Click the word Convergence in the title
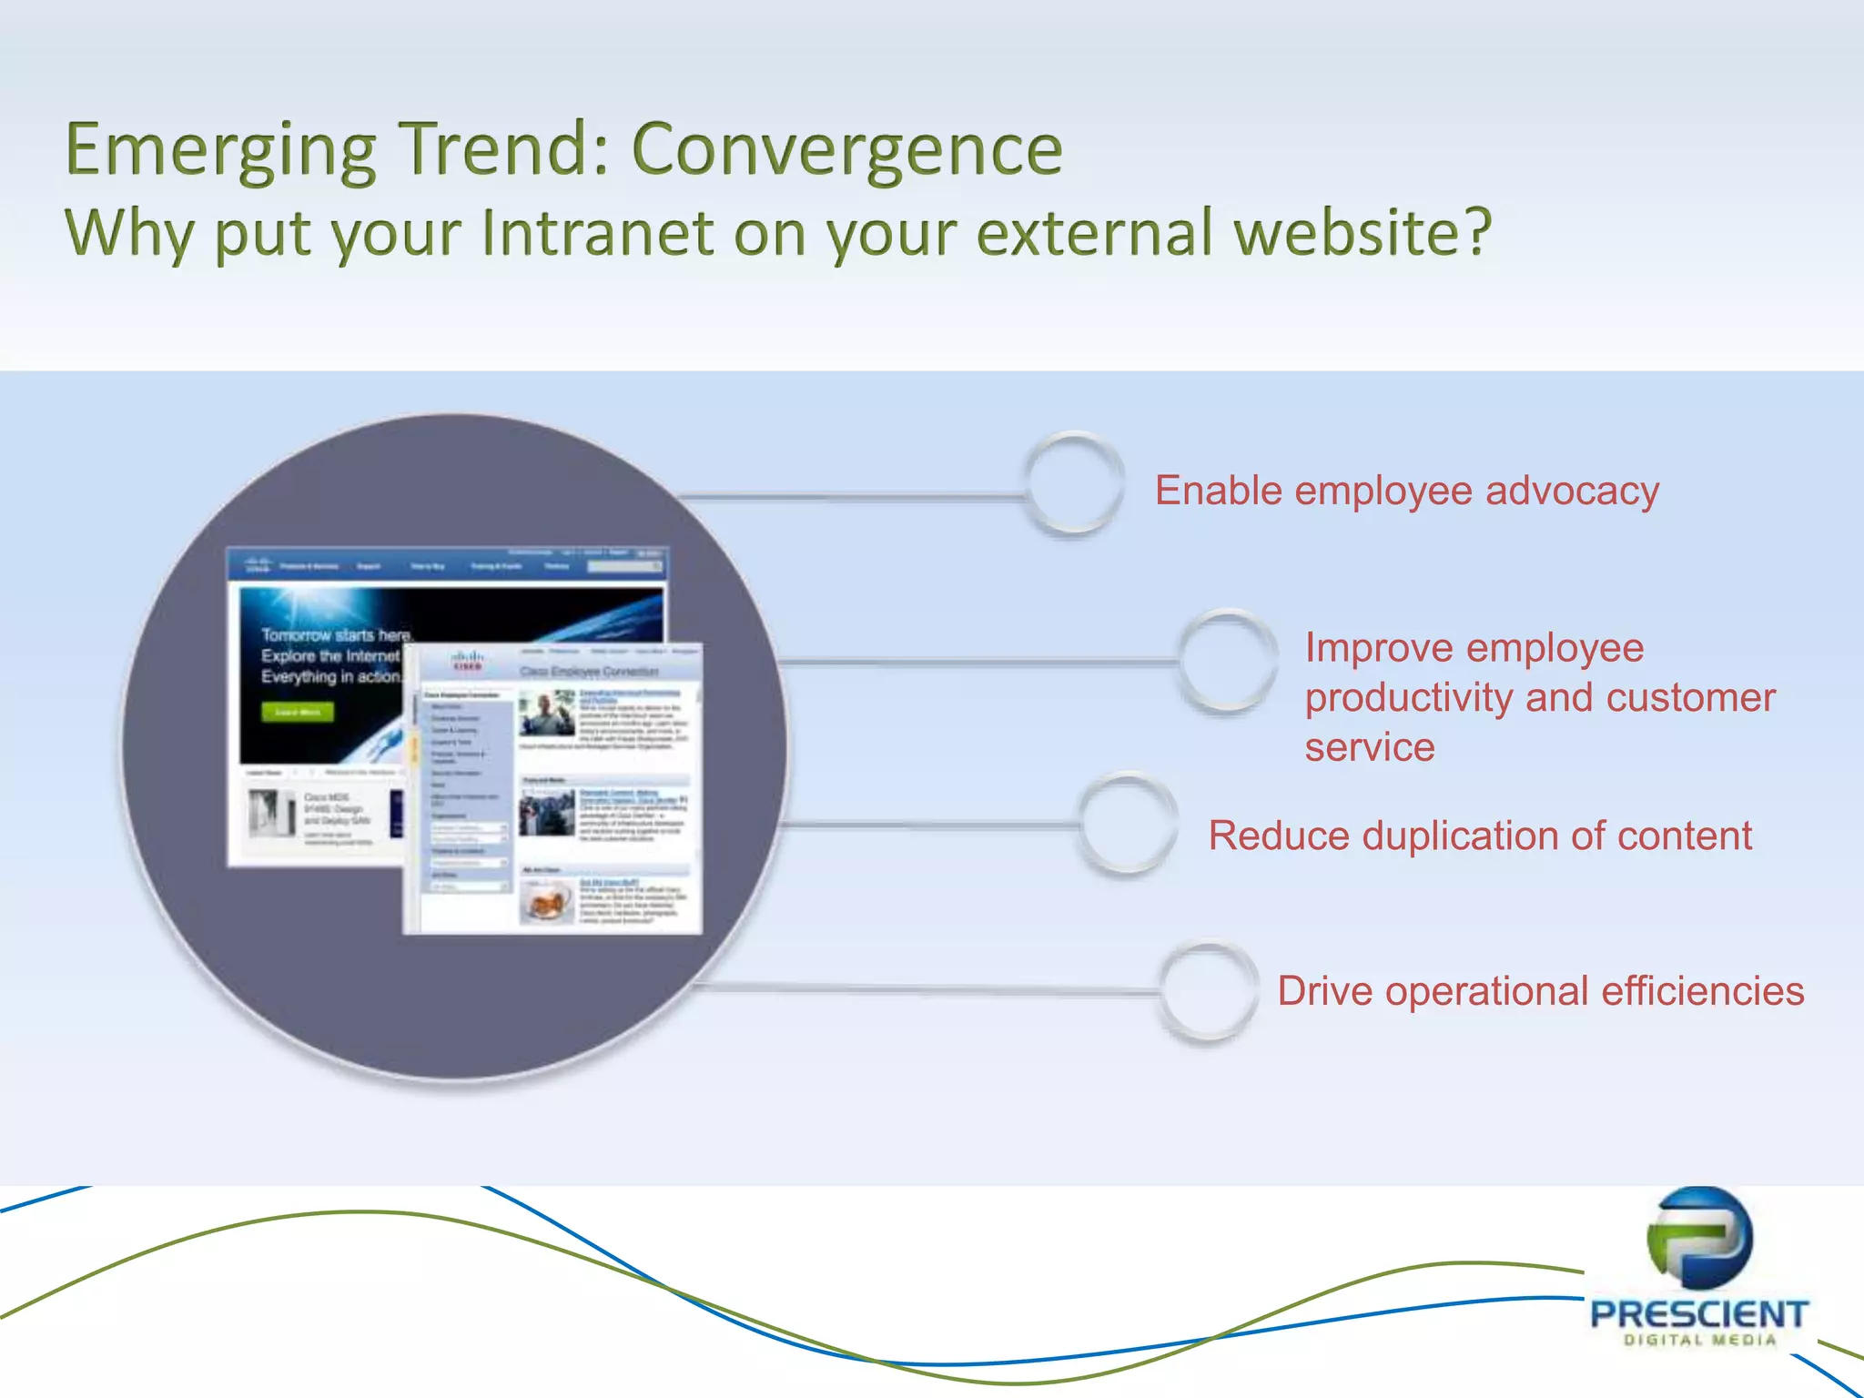846,150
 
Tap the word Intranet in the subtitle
597,232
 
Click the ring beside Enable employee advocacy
1073,483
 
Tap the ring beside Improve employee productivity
1227,661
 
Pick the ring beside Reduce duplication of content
1127,824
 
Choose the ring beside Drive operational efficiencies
1207,991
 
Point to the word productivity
1409,699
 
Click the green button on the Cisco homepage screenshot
298,712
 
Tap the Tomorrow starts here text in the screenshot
336,634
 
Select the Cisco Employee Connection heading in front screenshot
589,672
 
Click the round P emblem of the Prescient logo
1699,1238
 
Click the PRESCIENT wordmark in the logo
1698,1314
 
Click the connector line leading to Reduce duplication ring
928,826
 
